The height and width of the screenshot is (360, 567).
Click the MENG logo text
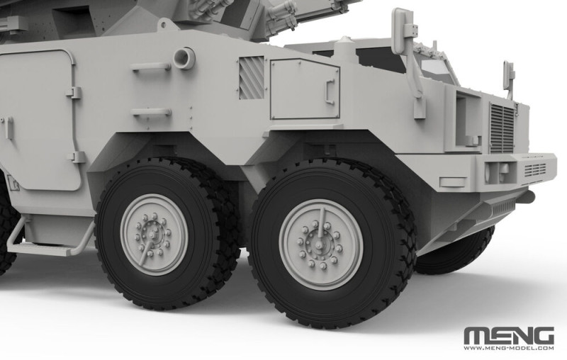[x=509, y=336]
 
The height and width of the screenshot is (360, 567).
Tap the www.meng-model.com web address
[x=509, y=349]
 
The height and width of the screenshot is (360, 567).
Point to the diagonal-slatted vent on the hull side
[x=252, y=78]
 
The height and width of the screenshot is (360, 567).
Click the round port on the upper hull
[x=184, y=58]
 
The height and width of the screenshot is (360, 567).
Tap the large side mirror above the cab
[x=403, y=31]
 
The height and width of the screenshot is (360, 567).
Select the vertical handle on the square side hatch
[x=330, y=92]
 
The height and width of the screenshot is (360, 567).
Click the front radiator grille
[x=503, y=128]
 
